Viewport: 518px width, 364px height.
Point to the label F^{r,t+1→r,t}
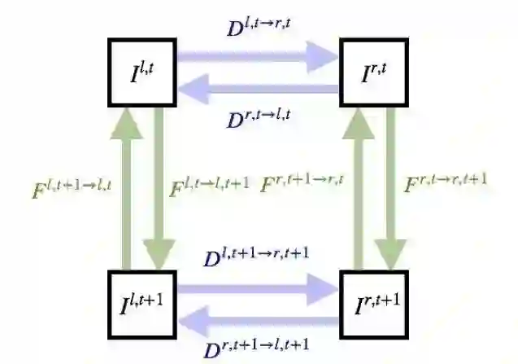click(x=302, y=183)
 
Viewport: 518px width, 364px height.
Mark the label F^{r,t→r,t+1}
click(x=446, y=180)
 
